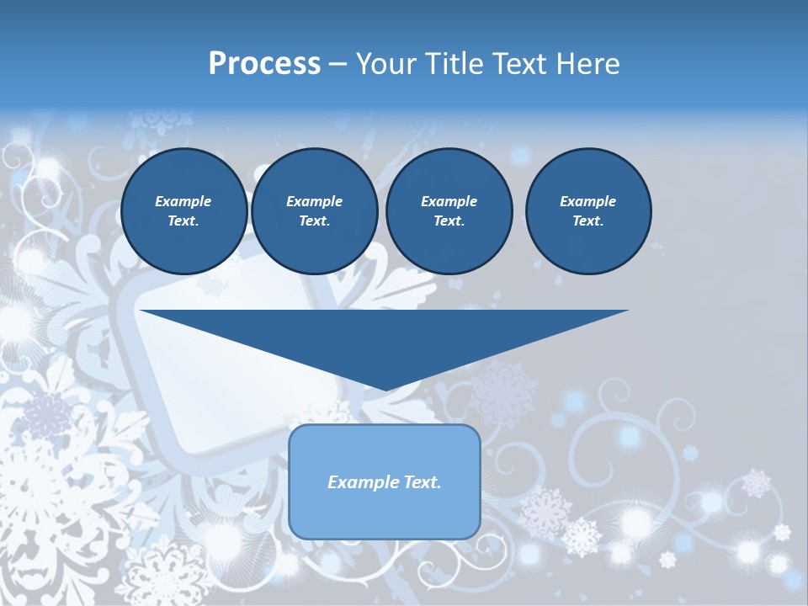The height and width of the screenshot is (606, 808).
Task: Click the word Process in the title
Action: point(264,64)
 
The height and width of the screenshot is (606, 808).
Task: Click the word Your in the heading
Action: point(382,64)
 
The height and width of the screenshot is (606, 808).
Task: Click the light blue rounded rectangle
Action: point(385,513)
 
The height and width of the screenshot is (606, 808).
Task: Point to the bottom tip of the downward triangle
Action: point(385,389)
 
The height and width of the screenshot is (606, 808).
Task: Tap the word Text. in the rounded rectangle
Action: point(421,482)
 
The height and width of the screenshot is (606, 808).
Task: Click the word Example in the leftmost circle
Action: point(183,201)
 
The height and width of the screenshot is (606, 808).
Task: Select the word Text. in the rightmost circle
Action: point(588,221)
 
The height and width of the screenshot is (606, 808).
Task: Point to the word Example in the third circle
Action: point(449,201)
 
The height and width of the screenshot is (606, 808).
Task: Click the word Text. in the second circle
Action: point(315,221)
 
